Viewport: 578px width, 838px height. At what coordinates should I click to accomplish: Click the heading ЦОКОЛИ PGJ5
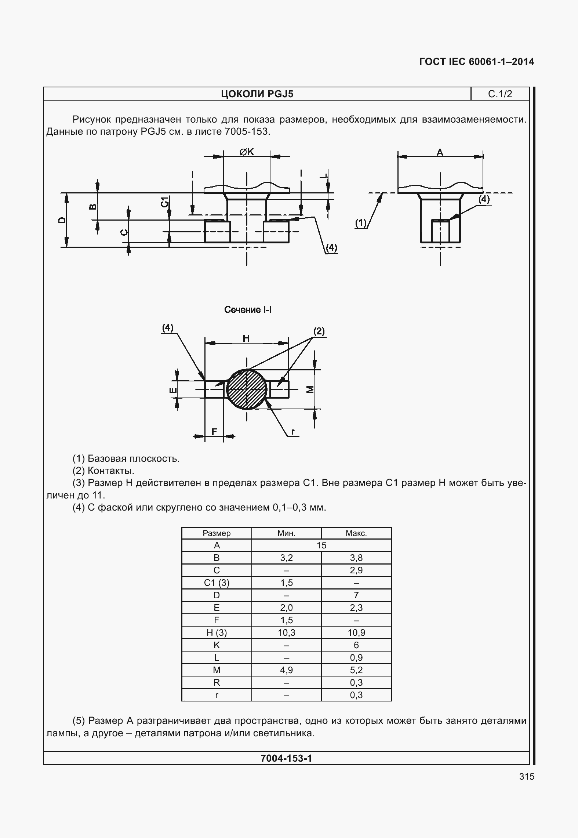click(x=257, y=94)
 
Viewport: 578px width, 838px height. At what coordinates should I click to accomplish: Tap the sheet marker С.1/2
click(x=500, y=94)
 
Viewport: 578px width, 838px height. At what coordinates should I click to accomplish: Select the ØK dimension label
click(x=247, y=152)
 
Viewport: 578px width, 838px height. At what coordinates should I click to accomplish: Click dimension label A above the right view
click(x=440, y=152)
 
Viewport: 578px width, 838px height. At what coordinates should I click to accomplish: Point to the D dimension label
click(x=62, y=220)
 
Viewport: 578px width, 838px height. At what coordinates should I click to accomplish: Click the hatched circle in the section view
click(x=247, y=389)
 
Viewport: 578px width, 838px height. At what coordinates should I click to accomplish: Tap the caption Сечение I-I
click(x=248, y=310)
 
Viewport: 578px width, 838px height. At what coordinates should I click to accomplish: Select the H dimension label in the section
click(x=246, y=338)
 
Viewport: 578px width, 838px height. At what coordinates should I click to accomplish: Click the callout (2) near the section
click(x=319, y=331)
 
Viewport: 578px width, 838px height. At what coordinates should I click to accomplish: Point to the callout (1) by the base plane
click(x=361, y=223)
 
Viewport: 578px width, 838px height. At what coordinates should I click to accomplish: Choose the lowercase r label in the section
click(x=293, y=432)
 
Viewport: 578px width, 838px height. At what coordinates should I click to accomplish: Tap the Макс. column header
click(x=356, y=533)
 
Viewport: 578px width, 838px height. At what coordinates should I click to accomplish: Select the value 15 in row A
click(x=321, y=545)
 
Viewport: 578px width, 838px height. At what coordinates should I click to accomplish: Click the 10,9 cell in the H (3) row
click(x=356, y=633)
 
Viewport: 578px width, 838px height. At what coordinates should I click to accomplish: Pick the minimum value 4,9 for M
click(x=286, y=670)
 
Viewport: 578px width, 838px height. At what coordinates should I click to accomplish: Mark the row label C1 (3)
click(x=217, y=583)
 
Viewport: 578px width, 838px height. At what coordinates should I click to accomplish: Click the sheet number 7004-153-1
click(x=286, y=758)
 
